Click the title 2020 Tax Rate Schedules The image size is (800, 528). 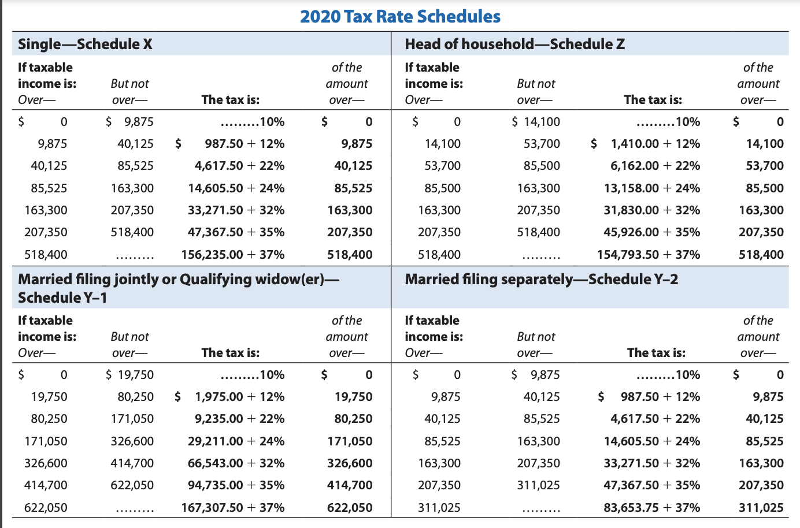(400, 16)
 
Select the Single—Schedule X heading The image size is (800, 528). (85, 44)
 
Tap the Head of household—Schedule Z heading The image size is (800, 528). (514, 44)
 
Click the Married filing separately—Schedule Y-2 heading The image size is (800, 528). (541, 280)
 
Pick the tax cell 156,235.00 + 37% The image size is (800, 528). (233, 255)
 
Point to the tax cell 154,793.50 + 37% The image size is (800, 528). (649, 255)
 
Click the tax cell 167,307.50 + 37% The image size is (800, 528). (233, 508)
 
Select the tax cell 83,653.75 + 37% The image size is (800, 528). (652, 508)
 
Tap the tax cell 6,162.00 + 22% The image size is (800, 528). (655, 166)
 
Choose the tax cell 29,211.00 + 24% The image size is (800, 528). (236, 441)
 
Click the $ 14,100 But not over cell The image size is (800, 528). (536, 122)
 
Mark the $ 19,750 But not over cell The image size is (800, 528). (130, 375)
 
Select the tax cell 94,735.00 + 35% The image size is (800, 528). (236, 485)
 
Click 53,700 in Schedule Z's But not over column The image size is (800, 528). (542, 144)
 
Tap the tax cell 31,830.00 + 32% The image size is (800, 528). (652, 210)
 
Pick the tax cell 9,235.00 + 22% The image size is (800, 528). (239, 419)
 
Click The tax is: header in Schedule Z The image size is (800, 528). (653, 100)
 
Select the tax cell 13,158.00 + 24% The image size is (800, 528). (652, 188)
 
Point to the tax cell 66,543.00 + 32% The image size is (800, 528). (236, 463)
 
